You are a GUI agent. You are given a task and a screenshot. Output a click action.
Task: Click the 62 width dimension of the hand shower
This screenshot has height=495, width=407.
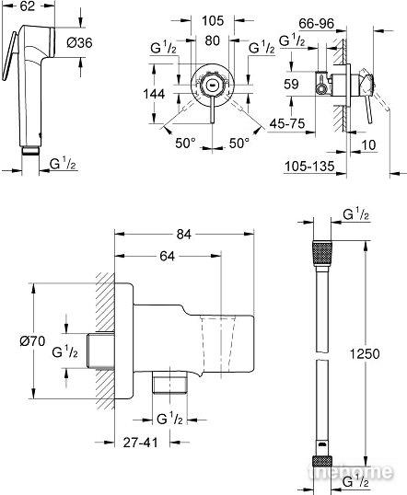(28, 6)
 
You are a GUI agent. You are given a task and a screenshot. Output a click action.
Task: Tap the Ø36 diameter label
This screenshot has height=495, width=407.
(79, 42)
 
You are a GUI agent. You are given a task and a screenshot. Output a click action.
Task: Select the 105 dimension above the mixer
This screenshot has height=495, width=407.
(213, 21)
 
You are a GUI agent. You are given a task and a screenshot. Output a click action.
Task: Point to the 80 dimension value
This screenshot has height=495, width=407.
(213, 40)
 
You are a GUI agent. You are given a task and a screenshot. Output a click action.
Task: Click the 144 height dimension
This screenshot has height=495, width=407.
(154, 94)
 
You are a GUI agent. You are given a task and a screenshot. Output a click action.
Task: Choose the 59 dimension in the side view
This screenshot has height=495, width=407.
(291, 84)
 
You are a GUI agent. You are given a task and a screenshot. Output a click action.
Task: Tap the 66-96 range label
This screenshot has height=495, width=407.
(317, 23)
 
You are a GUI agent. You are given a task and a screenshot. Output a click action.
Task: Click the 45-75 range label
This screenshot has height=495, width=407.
(287, 123)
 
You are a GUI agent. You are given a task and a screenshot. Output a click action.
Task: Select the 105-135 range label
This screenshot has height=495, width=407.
(309, 166)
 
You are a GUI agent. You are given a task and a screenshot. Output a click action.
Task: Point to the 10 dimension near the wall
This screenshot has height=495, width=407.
(368, 144)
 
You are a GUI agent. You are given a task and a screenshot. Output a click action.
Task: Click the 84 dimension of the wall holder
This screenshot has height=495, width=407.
(184, 235)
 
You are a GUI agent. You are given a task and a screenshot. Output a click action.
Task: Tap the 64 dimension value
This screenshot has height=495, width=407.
(168, 256)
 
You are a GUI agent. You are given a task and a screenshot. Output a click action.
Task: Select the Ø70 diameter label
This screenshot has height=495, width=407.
(32, 341)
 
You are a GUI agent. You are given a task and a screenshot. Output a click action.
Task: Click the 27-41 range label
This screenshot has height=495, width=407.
(140, 443)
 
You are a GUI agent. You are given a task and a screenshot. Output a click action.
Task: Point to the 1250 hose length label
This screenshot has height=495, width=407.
(365, 354)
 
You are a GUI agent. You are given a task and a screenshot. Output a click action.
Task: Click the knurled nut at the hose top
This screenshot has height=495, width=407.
(322, 254)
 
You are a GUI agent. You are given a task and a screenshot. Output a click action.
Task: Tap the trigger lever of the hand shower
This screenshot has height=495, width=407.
(9, 56)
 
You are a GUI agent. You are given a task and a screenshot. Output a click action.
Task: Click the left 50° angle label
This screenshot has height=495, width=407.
(185, 144)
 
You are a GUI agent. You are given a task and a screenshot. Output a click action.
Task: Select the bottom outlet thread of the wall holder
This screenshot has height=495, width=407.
(169, 382)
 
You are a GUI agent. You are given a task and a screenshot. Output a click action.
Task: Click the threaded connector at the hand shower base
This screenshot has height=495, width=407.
(30, 151)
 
